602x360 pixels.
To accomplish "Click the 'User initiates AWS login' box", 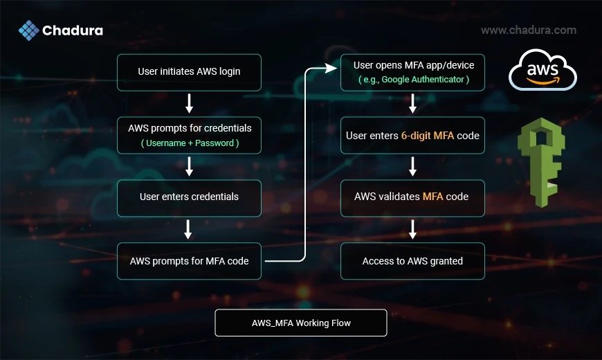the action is click(x=189, y=72).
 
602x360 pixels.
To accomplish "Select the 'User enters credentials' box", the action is click(x=189, y=198).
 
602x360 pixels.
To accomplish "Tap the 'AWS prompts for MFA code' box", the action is click(x=189, y=261).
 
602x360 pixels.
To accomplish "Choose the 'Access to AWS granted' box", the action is click(x=412, y=261).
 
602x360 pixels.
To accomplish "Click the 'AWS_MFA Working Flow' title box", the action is click(x=301, y=323).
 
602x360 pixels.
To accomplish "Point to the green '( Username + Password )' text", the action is click(x=190, y=143).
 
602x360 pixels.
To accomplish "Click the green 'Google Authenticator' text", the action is click(x=423, y=80).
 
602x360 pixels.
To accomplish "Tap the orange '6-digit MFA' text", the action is click(x=428, y=136).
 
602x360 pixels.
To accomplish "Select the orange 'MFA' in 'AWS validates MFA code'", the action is click(x=432, y=197).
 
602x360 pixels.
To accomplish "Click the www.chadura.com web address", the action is click(x=529, y=30).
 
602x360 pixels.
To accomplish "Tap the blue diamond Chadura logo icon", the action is click(x=29, y=30).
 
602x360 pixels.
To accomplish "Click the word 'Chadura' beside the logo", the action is click(x=73, y=30).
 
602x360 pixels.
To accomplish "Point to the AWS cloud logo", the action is click(x=542, y=69).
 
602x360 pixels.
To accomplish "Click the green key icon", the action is click(x=541, y=162).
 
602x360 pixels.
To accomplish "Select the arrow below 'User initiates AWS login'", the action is click(x=189, y=104).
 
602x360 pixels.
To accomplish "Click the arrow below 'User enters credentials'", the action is click(x=188, y=229).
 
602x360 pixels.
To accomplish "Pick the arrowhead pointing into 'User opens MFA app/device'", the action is click(x=331, y=69).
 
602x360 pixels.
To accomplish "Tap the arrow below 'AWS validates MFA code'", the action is click(x=412, y=229).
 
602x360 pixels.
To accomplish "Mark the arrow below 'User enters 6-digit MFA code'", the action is click(x=412, y=166).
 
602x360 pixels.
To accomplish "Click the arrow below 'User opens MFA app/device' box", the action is click(x=412, y=104).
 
